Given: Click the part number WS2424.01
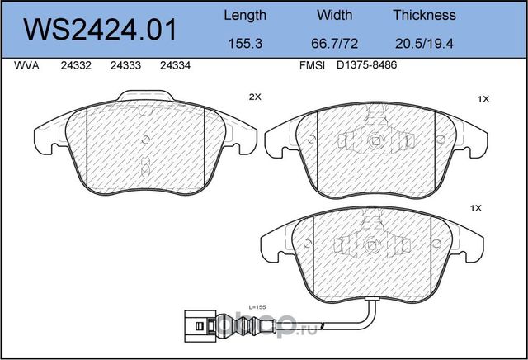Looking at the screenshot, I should pos(102,31).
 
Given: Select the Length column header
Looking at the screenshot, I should pos(245,15).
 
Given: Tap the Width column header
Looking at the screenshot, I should pos(334,15).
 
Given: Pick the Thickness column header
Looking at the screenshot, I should pos(425,15).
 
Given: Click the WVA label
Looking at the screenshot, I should pos(27,69).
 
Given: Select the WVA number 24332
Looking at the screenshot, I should pos(76,69).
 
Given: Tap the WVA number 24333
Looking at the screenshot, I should pos(125,69).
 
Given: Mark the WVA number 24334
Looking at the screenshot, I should pos(173,69).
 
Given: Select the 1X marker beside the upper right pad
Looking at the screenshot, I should pos(483,99).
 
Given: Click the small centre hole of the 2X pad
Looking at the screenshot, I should pos(146,140).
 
